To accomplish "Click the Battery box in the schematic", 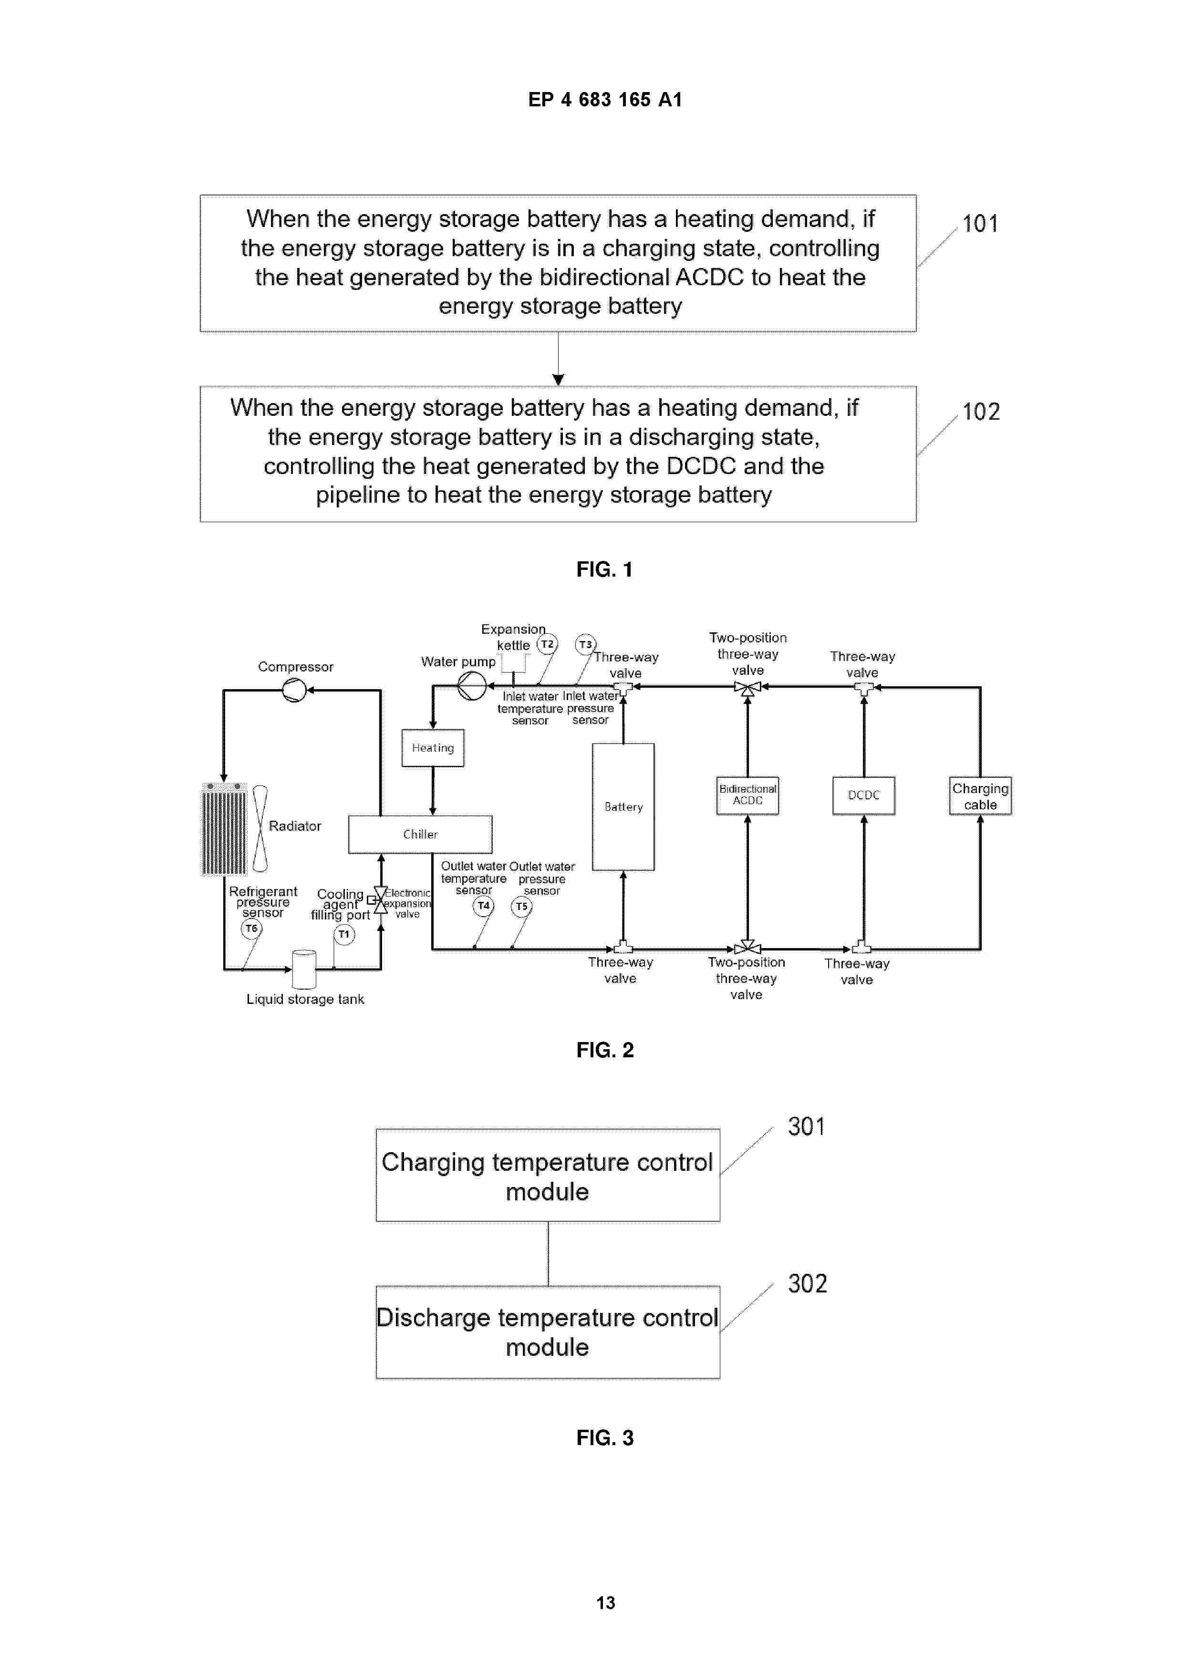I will [623, 806].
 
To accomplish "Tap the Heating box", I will [433, 748].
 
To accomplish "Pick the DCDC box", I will [864, 795].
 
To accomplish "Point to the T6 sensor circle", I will [251, 929].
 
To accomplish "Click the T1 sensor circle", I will [344, 934].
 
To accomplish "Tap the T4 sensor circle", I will [483, 906].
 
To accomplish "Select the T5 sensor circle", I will [522, 907].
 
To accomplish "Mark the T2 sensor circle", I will [548, 644].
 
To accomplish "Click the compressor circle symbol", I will [294, 689].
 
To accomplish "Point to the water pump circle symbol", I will [472, 686].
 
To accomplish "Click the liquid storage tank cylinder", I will [304, 969].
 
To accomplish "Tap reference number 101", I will [980, 224].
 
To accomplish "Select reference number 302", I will [808, 1284].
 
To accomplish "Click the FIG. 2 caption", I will [605, 1050].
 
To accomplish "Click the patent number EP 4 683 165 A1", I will [605, 100].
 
